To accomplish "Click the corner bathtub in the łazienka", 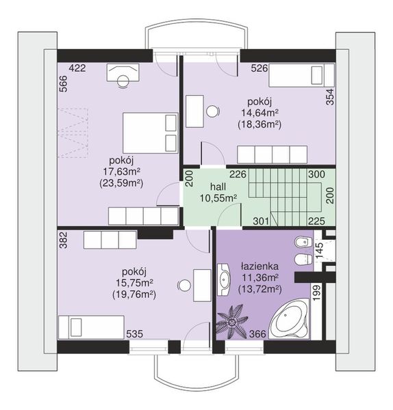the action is tap(289, 319).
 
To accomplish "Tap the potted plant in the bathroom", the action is tap(232, 323).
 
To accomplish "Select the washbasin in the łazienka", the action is tap(223, 279).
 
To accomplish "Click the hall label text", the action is tap(218, 187).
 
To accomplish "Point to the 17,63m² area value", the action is tap(122, 172).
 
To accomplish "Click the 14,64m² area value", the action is tap(259, 113).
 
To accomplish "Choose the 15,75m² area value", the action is tap(134, 283).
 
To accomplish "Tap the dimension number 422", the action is tap(77, 68).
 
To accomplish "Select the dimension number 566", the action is tap(64, 83).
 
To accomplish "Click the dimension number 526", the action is tap(259, 68).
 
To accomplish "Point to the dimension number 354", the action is tap(330, 97).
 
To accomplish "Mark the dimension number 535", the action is tap(135, 334).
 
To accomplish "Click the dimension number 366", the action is tap(257, 334).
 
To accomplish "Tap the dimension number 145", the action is tap(319, 251).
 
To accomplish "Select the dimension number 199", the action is tap(317, 292).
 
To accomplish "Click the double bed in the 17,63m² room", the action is tap(151, 133).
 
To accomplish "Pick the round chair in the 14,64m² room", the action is tap(212, 111).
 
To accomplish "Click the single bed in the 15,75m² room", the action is tap(91, 327).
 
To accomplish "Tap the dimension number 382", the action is tap(64, 240).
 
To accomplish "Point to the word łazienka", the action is tap(259, 266).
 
